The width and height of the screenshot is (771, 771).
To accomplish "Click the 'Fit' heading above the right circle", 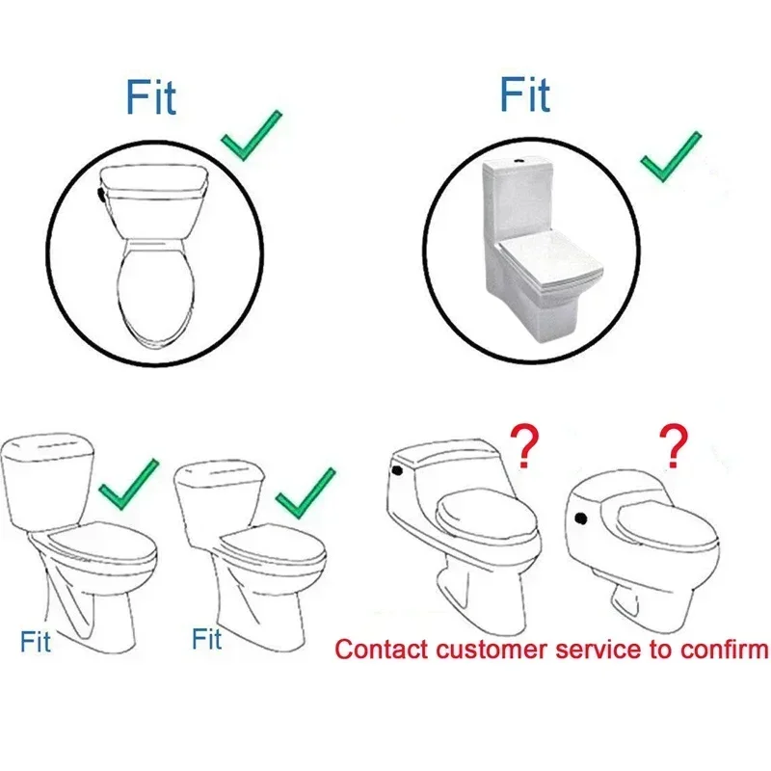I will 525,93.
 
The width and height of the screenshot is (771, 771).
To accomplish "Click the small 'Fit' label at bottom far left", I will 36,641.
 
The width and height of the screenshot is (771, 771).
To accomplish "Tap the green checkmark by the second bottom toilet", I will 306,493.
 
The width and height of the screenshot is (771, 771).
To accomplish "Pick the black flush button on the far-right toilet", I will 581,518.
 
